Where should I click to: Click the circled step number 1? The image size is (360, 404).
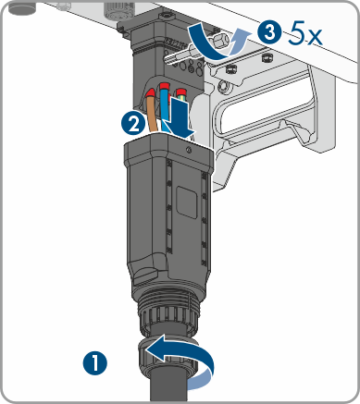pos(95,362)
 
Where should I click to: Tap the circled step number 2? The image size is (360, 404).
pos(133,124)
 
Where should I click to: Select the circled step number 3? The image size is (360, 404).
pos(270,31)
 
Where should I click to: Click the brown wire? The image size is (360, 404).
pos(153,114)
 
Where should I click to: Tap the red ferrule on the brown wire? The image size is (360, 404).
pos(152,92)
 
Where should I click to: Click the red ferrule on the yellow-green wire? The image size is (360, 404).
pos(181,92)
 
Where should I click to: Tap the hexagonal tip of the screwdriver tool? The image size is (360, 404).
pos(219,40)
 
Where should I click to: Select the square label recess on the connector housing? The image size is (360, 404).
pos(186,202)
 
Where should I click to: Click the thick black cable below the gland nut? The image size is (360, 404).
pos(168,386)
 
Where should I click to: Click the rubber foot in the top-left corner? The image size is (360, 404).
pos(21,8)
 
